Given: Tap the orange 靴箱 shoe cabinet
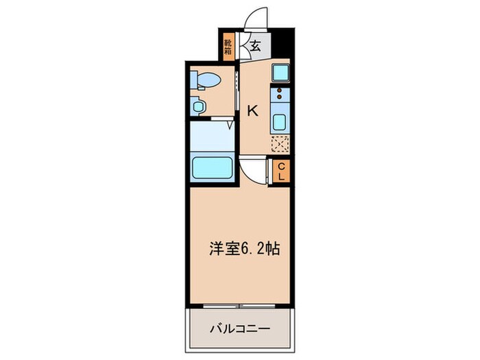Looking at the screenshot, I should pyautogui.click(x=228, y=47).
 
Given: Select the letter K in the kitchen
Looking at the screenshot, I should pyautogui.click(x=252, y=110).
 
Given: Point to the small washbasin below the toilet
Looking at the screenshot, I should pyautogui.click(x=199, y=106).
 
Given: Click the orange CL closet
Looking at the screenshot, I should pyautogui.click(x=280, y=171).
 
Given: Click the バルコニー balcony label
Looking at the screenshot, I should pyautogui.click(x=239, y=329).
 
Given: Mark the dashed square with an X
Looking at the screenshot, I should pyautogui.click(x=280, y=144).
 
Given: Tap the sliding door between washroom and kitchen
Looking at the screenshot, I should pyautogui.click(x=237, y=89).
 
